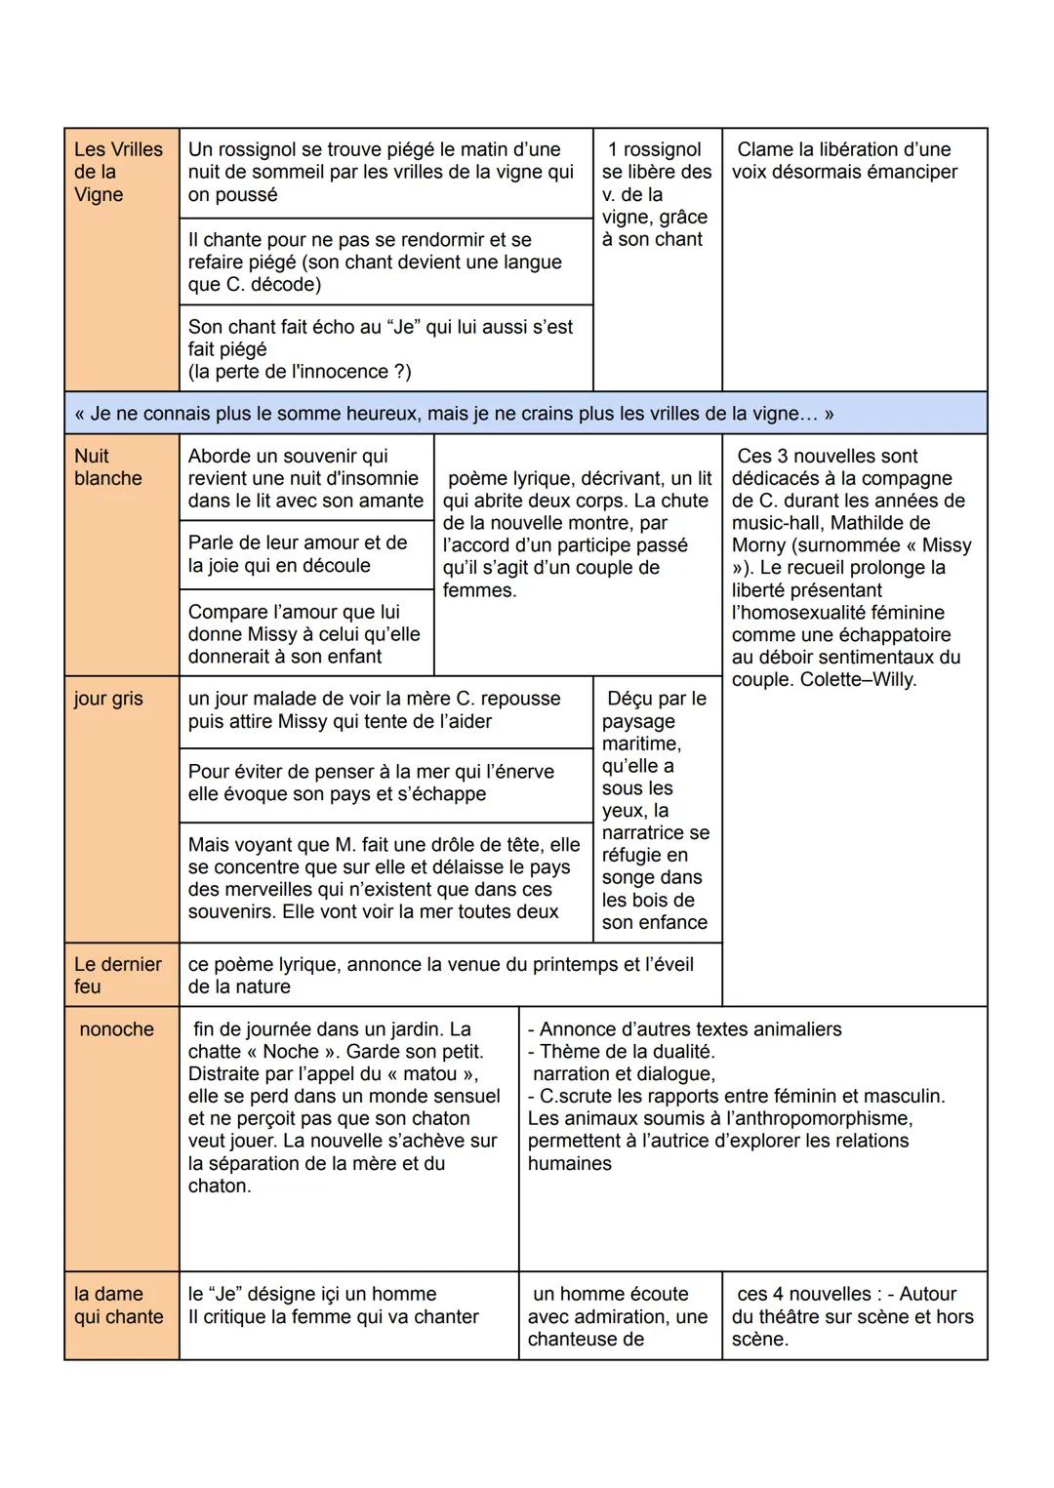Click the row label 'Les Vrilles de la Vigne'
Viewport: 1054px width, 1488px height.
(118, 172)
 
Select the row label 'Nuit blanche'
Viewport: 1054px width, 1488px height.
(107, 467)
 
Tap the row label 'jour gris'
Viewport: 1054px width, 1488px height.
(107, 699)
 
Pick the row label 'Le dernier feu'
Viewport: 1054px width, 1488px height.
(117, 975)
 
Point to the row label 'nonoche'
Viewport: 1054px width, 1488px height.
(116, 1029)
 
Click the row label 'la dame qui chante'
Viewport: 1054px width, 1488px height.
(118, 1306)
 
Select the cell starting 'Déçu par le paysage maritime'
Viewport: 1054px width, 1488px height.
(656, 810)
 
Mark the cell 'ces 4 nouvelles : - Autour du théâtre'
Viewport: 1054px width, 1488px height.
(852, 1316)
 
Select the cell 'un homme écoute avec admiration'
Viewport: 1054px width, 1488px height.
(619, 1316)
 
